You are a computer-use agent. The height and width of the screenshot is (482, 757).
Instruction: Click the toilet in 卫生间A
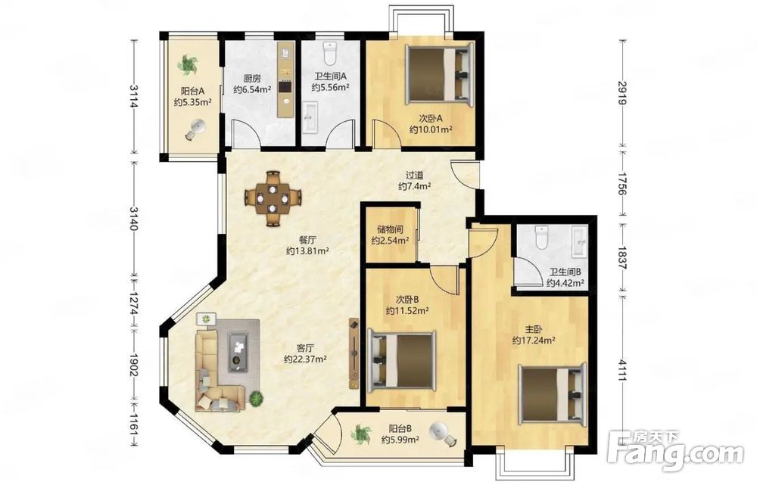330,53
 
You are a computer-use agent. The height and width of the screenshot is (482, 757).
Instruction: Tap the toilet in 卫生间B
542,237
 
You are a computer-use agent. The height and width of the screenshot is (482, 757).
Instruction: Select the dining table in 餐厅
273,197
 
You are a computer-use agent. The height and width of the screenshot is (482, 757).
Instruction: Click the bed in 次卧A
438,74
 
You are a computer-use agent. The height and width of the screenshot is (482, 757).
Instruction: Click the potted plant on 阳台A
188,64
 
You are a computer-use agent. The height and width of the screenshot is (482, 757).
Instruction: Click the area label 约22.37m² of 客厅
306,359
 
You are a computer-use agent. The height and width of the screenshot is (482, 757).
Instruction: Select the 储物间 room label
390,230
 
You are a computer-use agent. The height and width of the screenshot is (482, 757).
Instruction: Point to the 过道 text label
414,175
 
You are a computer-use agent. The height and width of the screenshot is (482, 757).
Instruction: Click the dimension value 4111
622,371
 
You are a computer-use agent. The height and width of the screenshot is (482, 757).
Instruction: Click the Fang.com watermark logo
675,451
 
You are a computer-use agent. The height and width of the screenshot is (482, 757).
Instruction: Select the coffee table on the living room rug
238,351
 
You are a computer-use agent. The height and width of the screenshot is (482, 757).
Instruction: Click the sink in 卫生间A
309,117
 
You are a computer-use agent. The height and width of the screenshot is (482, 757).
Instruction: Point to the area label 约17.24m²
534,341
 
